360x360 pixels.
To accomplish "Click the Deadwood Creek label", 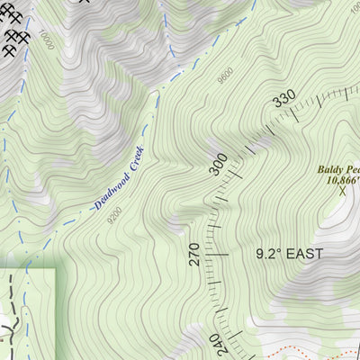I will coord(119,183).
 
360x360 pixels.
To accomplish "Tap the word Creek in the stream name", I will coord(133,167).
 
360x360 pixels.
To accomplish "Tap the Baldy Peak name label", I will coord(338,169).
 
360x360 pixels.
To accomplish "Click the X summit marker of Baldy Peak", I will coord(342,190).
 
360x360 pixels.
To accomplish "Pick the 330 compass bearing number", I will coord(285,100).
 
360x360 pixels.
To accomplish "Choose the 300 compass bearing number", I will coord(219,164).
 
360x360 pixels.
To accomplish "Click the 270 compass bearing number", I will coord(193,254).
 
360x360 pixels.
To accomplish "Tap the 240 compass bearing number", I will coord(215,345).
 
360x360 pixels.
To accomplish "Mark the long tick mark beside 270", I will coord(220,255).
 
